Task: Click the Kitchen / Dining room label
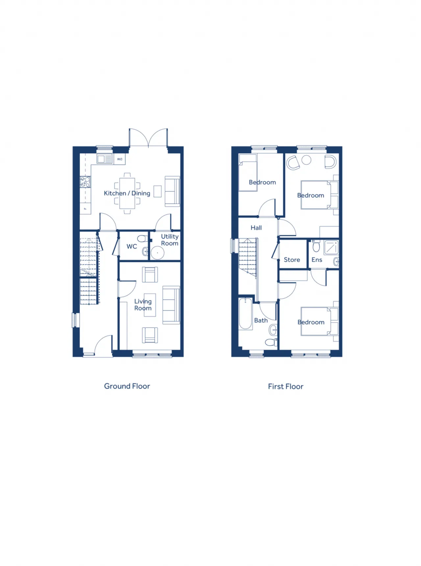[x=127, y=193]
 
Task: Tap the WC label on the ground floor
[x=132, y=246]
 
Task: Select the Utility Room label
[x=170, y=240]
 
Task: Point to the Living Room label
[x=143, y=305]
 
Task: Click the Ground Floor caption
[x=127, y=386]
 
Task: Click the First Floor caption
[x=285, y=386]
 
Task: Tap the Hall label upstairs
[x=256, y=228]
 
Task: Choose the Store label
[x=292, y=260]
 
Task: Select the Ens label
[x=317, y=260]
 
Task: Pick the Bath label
[x=261, y=320]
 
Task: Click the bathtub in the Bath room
[x=245, y=313]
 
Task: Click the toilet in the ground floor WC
[x=143, y=239]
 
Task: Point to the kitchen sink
[x=105, y=159]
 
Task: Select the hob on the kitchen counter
[x=85, y=182]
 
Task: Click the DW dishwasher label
[x=120, y=159]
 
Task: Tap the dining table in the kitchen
[x=127, y=193]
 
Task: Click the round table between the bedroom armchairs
[x=307, y=160]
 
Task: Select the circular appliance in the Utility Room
[x=158, y=253]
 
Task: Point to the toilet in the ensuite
[x=316, y=246]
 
